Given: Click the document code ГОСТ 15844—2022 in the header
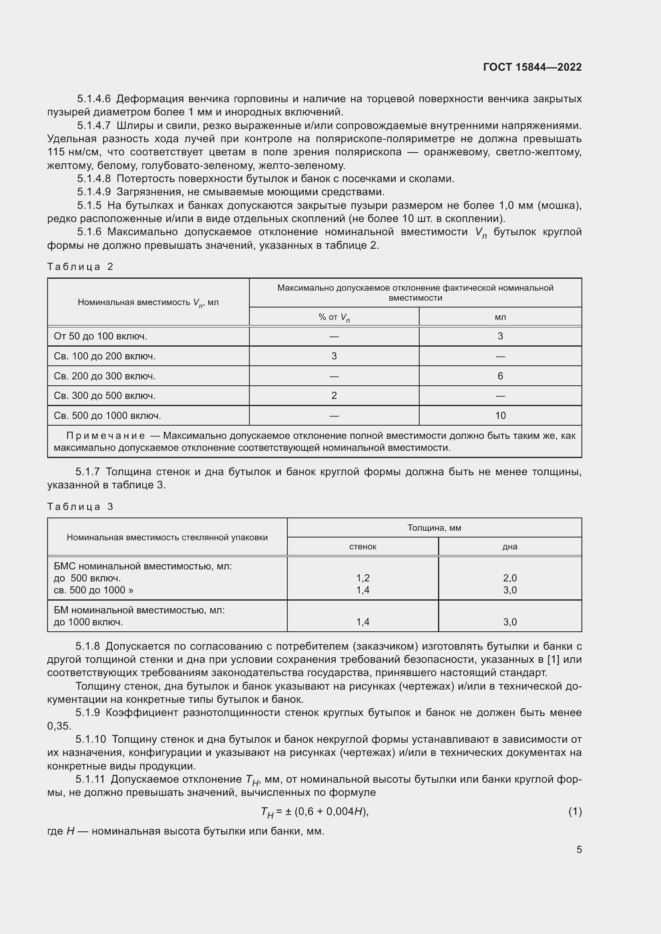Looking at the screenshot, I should point(532,67).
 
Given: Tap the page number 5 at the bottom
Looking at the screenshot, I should point(579,850).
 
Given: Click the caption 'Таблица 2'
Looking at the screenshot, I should point(80,267).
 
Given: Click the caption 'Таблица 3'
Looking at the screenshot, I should point(80,506).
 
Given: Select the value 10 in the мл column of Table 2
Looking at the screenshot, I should point(500,415).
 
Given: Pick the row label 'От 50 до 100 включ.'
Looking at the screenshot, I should point(100,336).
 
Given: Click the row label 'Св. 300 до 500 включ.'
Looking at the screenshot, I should point(104,395).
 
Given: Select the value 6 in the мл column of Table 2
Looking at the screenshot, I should point(500,376).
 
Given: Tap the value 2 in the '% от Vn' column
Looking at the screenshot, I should point(334,395).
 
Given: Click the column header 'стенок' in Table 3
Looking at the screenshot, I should point(362,546).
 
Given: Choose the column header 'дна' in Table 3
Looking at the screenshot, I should point(510,546).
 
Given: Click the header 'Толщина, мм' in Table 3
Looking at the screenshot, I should point(434,527).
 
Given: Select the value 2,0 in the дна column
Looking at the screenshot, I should point(510,578).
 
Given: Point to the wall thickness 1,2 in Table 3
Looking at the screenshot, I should point(362,578).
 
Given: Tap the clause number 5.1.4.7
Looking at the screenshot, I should point(94,125).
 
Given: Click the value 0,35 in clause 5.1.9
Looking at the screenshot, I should point(59,726).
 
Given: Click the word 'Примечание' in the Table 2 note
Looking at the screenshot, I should point(106,436).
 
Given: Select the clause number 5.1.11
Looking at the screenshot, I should point(90,779).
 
